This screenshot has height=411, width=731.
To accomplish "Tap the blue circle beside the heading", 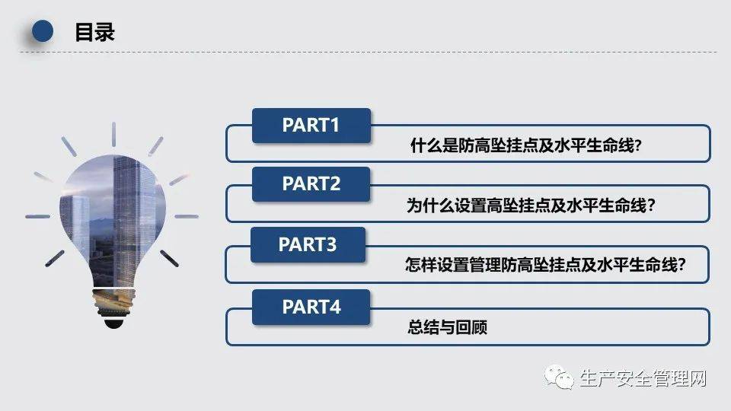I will pos(42,31).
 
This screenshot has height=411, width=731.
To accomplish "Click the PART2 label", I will pos(311,184).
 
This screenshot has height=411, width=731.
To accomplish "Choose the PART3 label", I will pos(307,244).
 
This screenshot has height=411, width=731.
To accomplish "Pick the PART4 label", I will pos(311,307).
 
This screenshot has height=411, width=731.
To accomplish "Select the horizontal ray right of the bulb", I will pos(187,216).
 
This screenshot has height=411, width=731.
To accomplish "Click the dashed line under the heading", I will pos(365,53).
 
